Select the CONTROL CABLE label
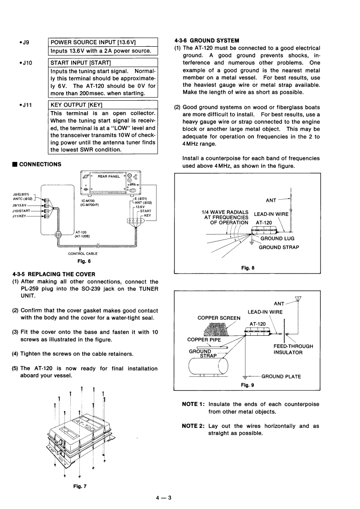point(83,254)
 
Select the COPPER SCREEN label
point(219,318)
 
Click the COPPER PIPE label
point(205,339)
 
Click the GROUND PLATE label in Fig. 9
point(281,377)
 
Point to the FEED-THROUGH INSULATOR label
point(293,349)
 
